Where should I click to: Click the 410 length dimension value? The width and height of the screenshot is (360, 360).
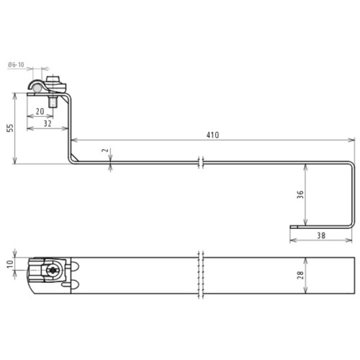212,135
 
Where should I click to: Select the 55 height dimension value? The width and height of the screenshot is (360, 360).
10,128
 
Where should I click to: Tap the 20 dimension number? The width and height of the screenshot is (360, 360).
40,112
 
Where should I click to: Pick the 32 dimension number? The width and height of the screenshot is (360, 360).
48,123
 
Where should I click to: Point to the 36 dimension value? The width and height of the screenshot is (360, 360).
300,194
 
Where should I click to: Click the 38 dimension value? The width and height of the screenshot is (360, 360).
321,235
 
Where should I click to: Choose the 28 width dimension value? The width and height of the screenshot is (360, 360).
300,275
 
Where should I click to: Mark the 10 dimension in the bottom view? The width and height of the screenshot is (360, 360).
10,264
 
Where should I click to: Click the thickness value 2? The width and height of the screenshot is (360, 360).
105,150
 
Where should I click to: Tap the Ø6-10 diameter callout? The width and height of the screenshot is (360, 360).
16,65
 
